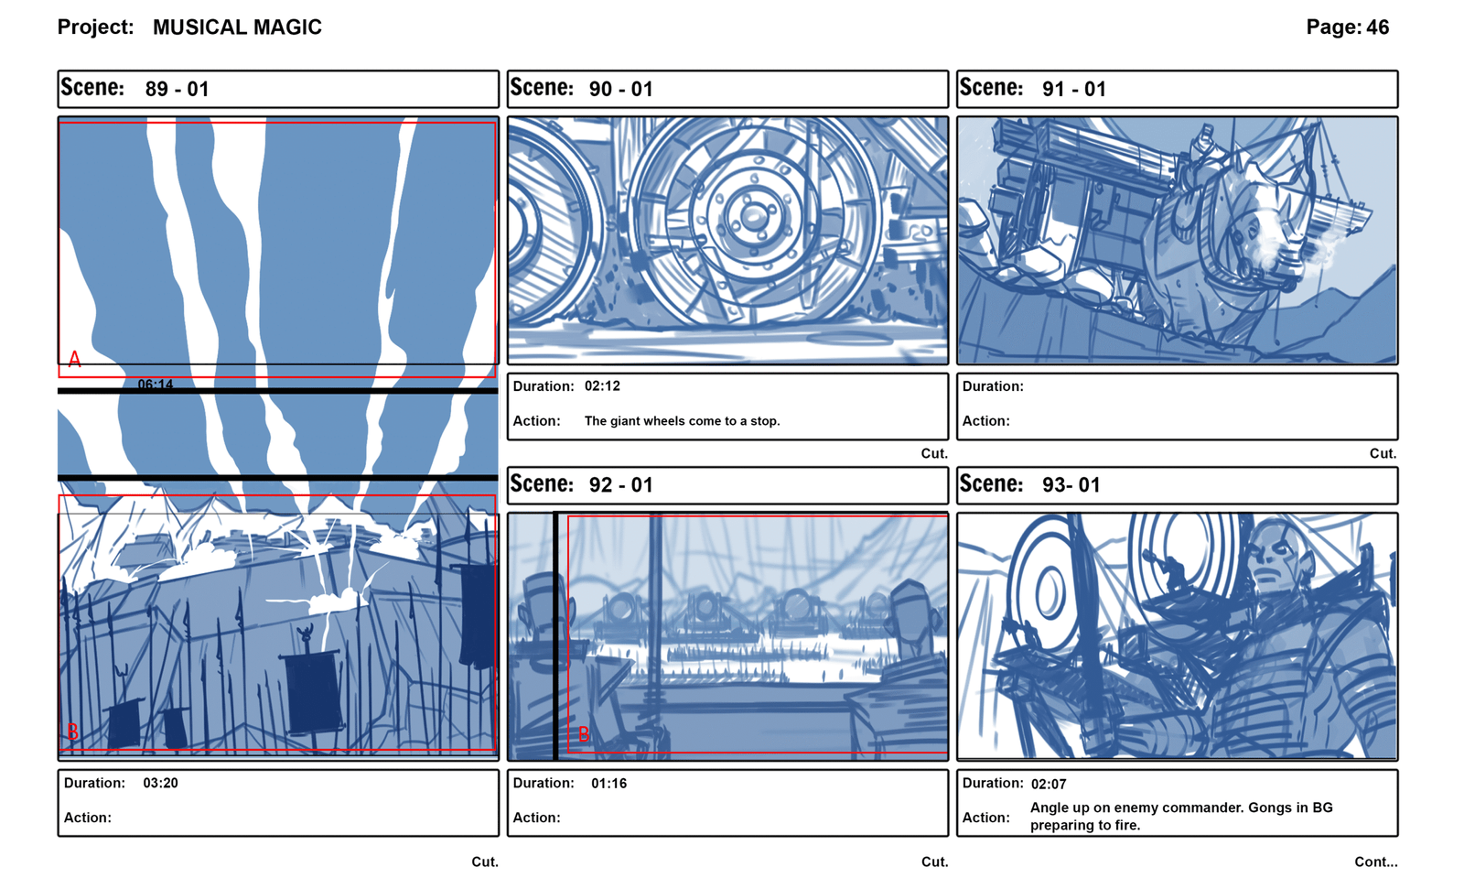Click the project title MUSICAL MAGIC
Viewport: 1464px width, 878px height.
(x=237, y=27)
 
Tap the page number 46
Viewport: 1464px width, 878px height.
(x=1377, y=27)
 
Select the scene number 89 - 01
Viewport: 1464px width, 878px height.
(x=178, y=89)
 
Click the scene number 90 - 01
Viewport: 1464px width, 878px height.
(x=621, y=89)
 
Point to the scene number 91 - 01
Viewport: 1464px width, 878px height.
(x=1074, y=89)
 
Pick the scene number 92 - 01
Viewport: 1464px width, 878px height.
(x=621, y=485)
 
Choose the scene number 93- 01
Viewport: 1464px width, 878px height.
(x=1071, y=485)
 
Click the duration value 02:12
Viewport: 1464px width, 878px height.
(x=602, y=386)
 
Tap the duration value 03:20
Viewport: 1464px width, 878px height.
(x=160, y=783)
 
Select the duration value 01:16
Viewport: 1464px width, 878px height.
(x=608, y=783)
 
